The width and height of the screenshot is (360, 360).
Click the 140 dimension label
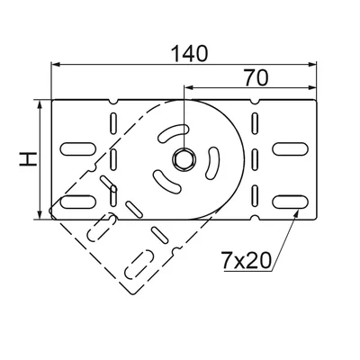(x=189, y=54)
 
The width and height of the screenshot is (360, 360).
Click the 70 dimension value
(x=256, y=78)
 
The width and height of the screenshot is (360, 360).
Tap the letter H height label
(x=28, y=159)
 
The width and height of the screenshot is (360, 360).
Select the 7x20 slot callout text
(x=246, y=260)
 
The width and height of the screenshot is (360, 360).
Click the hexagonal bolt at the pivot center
(x=184, y=159)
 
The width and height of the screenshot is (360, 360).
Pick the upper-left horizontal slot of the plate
(x=78, y=149)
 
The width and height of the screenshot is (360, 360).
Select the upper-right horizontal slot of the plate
(x=291, y=149)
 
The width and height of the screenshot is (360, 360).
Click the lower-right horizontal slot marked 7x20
(x=291, y=202)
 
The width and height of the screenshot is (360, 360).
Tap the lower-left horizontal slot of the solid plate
(x=78, y=202)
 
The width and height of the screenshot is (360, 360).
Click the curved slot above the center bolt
(x=173, y=132)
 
